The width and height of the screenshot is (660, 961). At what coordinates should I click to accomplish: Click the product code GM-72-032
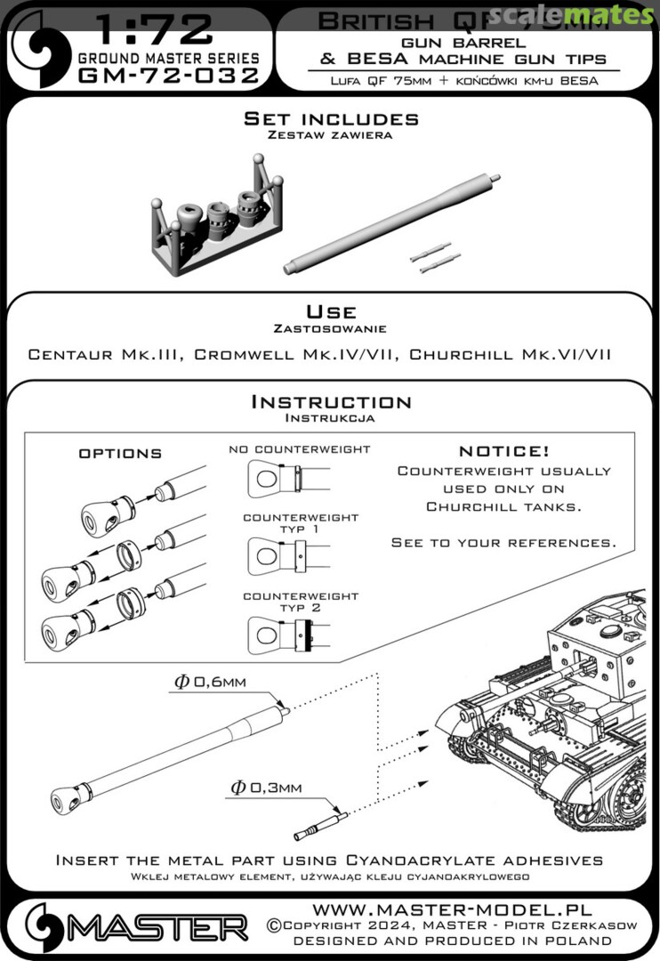(169, 76)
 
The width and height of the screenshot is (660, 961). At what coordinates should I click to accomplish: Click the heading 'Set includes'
(331, 119)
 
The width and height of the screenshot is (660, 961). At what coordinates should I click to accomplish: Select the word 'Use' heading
(331, 312)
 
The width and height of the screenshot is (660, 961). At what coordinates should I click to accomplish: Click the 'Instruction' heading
(331, 402)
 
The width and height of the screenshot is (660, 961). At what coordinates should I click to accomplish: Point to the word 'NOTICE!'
(503, 451)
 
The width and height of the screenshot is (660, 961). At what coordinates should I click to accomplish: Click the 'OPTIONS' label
(121, 453)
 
